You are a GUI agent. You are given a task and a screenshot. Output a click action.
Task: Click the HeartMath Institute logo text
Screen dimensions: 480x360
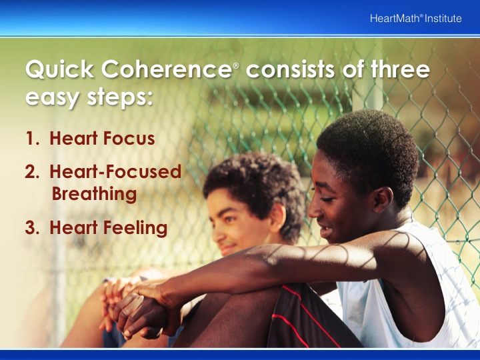click(x=416, y=19)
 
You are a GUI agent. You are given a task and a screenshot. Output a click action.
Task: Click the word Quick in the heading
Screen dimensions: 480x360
click(x=60, y=69)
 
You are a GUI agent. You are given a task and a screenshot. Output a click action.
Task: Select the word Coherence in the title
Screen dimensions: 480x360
click(x=167, y=69)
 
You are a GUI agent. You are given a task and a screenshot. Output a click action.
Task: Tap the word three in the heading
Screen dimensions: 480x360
click(x=401, y=69)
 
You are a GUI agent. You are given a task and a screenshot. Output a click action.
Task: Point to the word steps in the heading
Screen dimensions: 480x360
click(x=120, y=98)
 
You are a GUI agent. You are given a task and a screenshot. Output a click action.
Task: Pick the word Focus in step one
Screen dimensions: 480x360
click(x=129, y=138)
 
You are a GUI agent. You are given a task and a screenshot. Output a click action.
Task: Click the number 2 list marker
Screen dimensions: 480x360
click(x=32, y=172)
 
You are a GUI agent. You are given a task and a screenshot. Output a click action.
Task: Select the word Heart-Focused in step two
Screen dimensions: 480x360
click(x=115, y=171)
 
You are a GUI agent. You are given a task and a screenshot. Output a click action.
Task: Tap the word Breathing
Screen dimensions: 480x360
click(x=94, y=194)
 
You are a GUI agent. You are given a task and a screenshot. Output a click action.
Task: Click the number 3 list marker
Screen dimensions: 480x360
click(x=32, y=228)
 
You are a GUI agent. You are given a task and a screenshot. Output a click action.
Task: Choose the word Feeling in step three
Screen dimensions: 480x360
click(x=135, y=228)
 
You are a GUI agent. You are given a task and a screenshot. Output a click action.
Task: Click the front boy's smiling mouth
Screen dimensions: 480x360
click(x=325, y=228)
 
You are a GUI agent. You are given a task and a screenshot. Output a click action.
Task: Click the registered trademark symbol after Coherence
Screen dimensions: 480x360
click(x=236, y=65)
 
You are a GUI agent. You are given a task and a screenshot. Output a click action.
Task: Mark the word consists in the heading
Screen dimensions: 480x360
click(x=290, y=69)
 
